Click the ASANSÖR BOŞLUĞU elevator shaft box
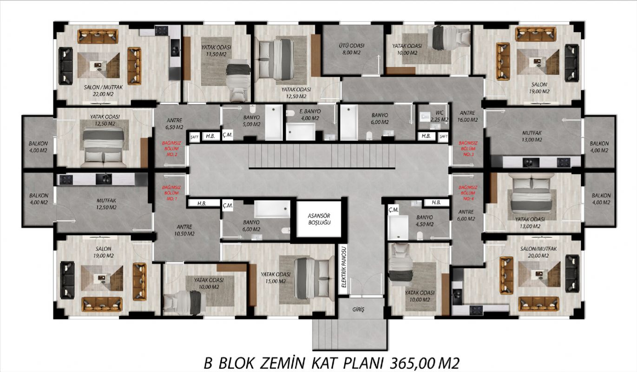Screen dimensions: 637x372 [319, 219]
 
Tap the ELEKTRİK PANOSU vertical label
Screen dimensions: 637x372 [344, 267]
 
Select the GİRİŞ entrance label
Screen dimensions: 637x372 [358, 309]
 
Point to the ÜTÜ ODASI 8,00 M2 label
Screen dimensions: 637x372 [351, 49]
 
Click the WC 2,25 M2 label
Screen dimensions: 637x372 [440, 116]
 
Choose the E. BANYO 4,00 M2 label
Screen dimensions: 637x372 [310, 115]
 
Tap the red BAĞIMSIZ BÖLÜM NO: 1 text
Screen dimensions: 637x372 [171, 193]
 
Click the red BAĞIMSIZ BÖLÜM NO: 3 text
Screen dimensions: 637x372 [468, 149]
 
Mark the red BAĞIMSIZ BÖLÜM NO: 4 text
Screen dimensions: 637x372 [468, 193]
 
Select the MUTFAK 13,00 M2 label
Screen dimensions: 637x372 [532, 136]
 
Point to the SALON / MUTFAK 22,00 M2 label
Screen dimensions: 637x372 [103, 91]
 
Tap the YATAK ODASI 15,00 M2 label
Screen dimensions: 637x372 [276, 278]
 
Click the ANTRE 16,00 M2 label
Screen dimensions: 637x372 [467, 116]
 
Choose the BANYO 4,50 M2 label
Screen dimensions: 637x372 [425, 220]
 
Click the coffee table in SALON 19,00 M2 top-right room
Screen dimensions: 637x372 [538, 62]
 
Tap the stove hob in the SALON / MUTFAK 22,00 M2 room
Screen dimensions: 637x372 [162, 30]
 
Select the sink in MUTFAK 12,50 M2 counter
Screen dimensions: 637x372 [104, 179]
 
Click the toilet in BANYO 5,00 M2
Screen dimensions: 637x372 [253, 109]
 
